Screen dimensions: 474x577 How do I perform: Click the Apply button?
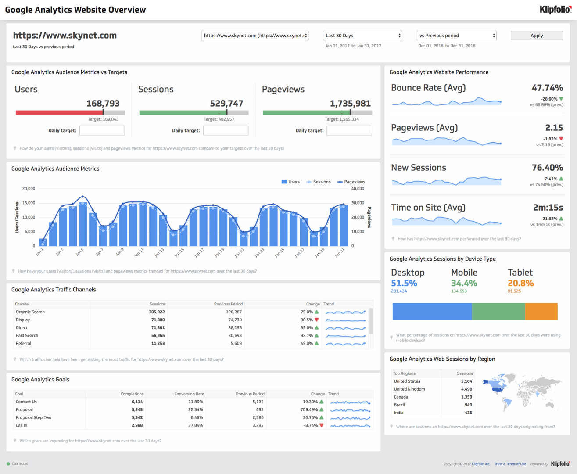(x=537, y=36)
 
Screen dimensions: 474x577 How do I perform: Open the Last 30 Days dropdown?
(x=362, y=36)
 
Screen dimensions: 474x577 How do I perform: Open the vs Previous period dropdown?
(x=456, y=36)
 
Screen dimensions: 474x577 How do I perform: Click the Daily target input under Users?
(x=102, y=130)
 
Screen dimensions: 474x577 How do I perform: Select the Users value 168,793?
(x=103, y=104)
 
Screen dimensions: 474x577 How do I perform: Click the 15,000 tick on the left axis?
(x=29, y=203)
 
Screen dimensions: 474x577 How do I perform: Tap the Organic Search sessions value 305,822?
(x=157, y=312)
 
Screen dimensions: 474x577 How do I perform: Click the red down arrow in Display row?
(x=317, y=320)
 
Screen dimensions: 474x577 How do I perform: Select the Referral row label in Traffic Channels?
(x=24, y=344)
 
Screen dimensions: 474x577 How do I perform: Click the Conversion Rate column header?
(x=189, y=394)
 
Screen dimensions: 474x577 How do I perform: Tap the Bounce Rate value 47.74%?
(x=547, y=88)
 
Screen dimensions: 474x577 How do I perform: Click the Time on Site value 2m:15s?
(x=548, y=208)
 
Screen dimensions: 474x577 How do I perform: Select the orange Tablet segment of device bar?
(x=541, y=311)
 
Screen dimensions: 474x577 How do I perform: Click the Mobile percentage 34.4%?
(x=464, y=284)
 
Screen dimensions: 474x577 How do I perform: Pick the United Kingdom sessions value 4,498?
(x=466, y=389)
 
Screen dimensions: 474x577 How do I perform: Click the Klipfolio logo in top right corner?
(x=555, y=10)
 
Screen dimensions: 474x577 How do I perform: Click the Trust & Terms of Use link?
(x=510, y=464)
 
